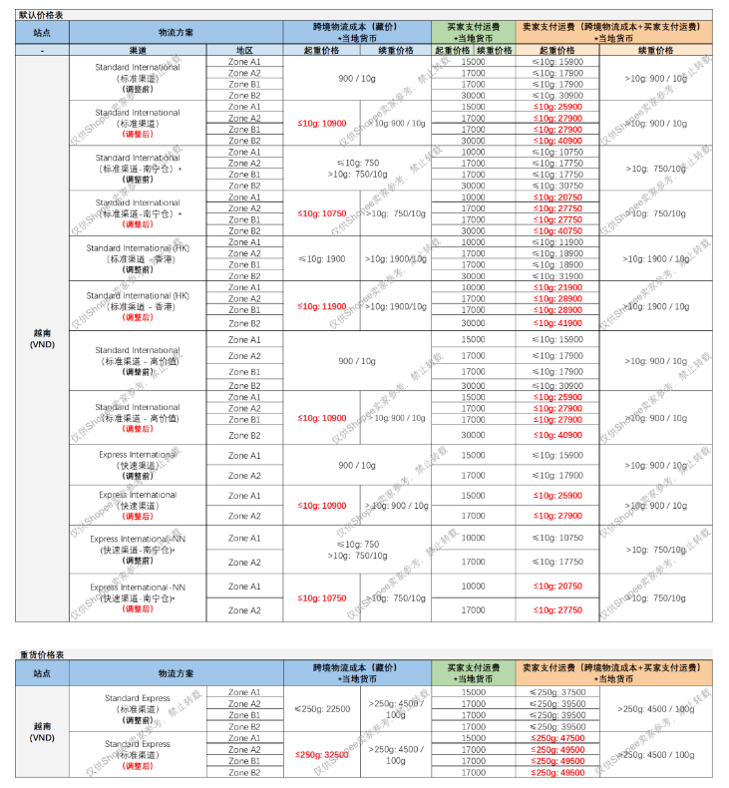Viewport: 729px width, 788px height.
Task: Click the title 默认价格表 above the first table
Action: [41, 14]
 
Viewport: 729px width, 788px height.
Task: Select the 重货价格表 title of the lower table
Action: [41, 654]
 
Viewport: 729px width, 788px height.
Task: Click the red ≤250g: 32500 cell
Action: [322, 755]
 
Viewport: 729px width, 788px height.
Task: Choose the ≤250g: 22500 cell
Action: [322, 709]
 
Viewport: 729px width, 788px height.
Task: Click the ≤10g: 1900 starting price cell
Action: [321, 259]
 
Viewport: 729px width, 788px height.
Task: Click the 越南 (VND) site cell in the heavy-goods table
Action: [42, 732]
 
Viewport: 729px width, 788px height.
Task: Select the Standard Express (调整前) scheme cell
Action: [138, 709]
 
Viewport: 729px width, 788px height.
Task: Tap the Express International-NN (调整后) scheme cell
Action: [138, 598]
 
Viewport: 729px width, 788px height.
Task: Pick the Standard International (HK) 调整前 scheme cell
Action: [138, 258]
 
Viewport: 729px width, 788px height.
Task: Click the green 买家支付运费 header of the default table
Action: [473, 31]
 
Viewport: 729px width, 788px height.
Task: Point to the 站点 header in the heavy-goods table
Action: [42, 674]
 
